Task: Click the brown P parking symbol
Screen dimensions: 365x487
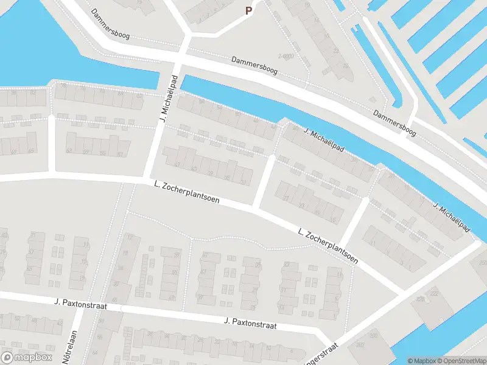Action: pyautogui.click(x=248, y=10)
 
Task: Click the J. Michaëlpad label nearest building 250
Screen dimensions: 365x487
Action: pyautogui.click(x=451, y=217)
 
